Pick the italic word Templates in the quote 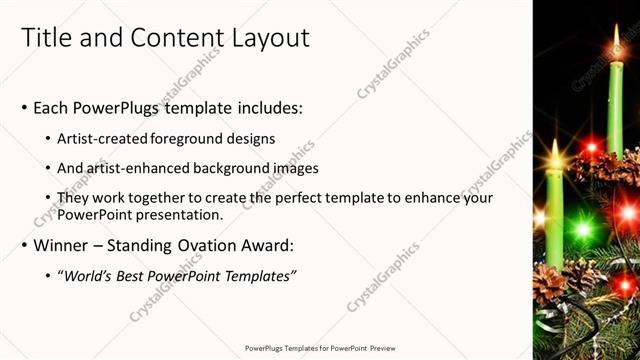pyautogui.click(x=256, y=275)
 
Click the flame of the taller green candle pyautogui.click(x=616, y=40)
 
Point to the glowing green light pyautogui.click(x=582, y=229)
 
